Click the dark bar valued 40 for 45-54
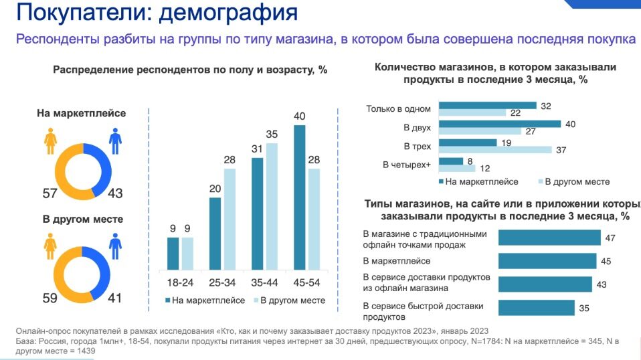click(x=300, y=197)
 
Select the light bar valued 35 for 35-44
click(x=272, y=207)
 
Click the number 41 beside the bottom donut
click(x=115, y=298)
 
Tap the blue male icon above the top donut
click(x=115, y=141)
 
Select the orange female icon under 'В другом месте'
click(x=50, y=246)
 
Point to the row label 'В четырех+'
click(x=407, y=165)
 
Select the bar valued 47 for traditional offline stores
click(x=549, y=238)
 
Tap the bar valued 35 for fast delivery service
click(x=536, y=308)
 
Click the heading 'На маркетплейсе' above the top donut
click(x=81, y=113)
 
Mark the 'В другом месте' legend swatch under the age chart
click(x=254, y=301)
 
